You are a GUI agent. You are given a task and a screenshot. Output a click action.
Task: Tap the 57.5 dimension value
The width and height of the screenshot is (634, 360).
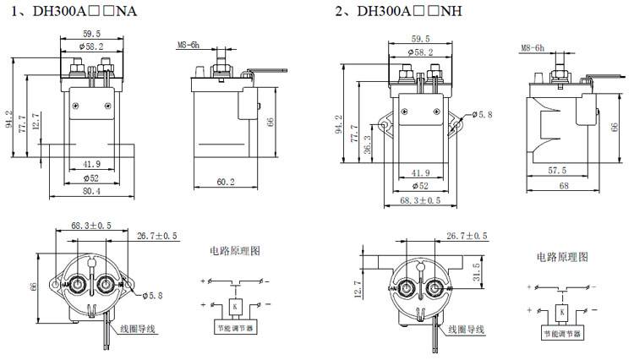pyautogui.click(x=556, y=171)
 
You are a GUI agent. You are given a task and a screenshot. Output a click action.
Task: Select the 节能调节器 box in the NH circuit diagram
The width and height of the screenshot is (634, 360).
pyautogui.click(x=562, y=334)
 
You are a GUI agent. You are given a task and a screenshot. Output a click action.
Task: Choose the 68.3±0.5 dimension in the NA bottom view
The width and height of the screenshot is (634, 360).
pyautogui.click(x=91, y=226)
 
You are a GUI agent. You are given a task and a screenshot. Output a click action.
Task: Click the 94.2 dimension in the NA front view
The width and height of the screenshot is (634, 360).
pyautogui.click(x=10, y=120)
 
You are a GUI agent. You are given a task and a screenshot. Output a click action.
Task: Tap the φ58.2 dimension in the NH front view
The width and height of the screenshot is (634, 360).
pyautogui.click(x=420, y=52)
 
